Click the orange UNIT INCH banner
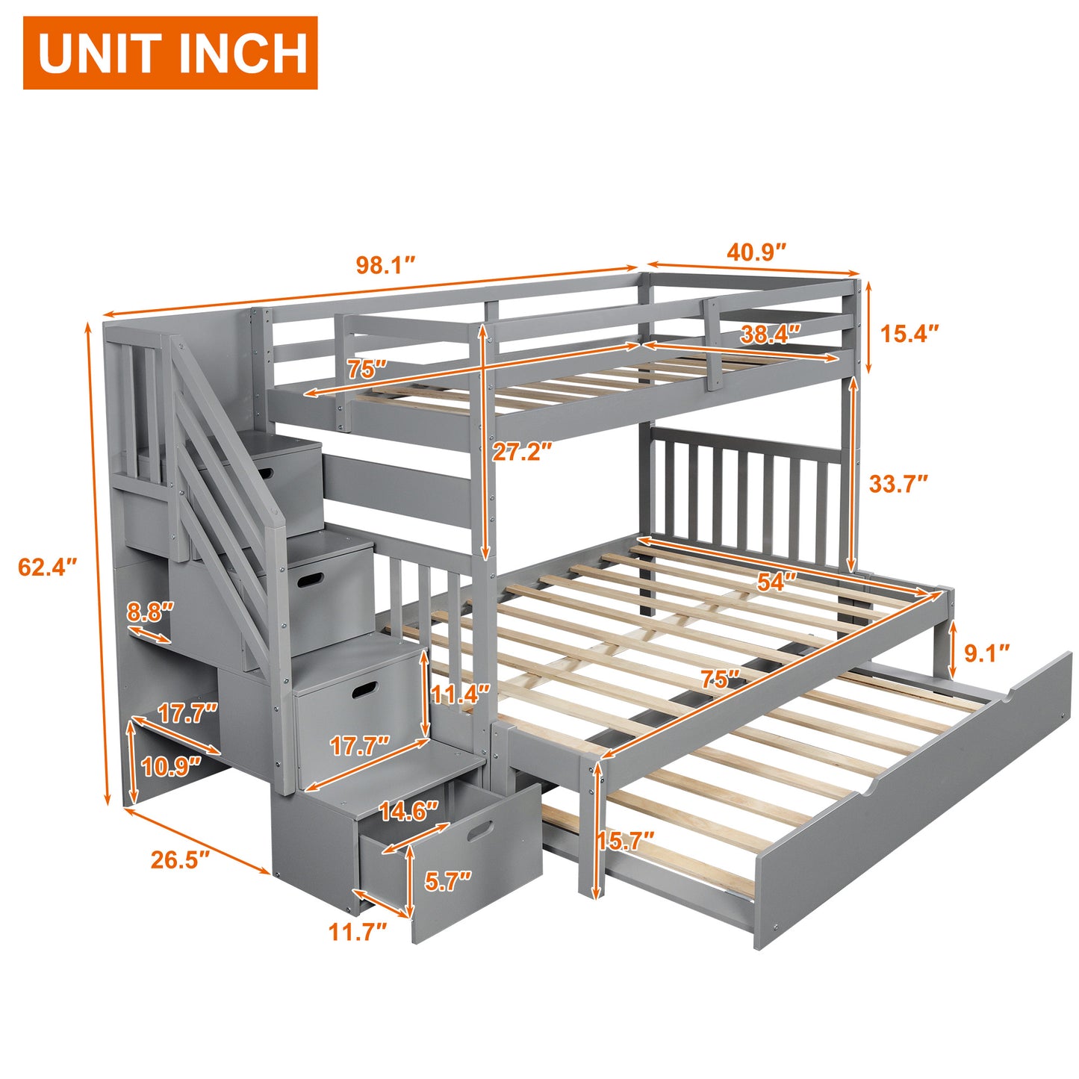tap(170, 52)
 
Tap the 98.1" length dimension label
tap(386, 265)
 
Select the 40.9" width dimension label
tap(757, 252)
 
